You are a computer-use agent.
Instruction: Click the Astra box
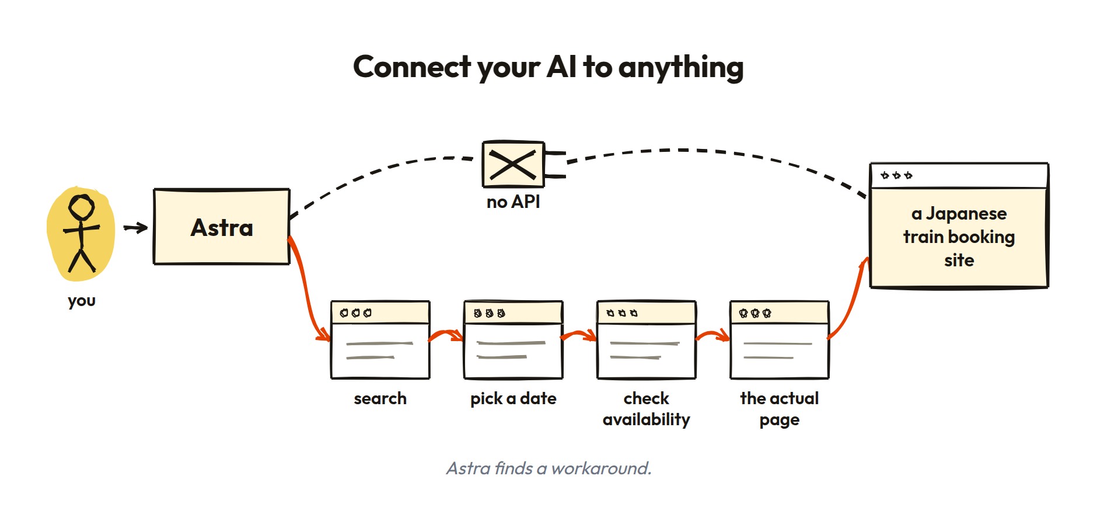tap(222, 227)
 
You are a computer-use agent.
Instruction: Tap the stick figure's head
tap(81, 207)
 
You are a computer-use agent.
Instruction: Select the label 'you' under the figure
tap(82, 301)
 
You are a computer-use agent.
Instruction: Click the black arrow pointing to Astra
tap(135, 228)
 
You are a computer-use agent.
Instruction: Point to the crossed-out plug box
tap(513, 164)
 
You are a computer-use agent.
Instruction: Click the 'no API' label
tap(513, 202)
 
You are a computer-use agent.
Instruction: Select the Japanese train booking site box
tap(959, 225)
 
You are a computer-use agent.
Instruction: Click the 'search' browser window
tap(380, 340)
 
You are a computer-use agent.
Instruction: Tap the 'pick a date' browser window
tap(513, 340)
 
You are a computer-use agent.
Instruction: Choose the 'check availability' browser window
tap(647, 340)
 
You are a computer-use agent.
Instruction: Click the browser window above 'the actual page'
tap(780, 340)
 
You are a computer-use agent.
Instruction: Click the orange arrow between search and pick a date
tap(446, 335)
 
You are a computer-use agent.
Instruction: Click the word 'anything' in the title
tap(681, 68)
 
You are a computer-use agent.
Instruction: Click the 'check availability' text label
tap(647, 409)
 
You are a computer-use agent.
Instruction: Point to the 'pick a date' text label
tap(513, 399)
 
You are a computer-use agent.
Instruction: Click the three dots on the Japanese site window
tap(896, 175)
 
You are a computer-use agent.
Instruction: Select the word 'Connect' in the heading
tap(412, 67)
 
